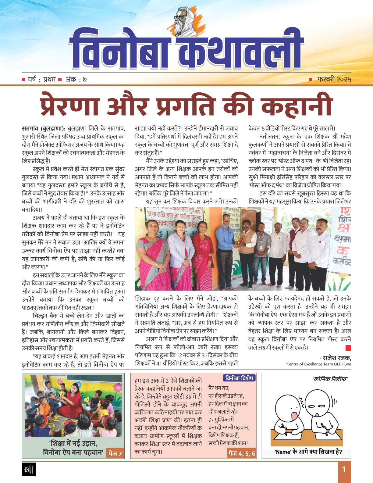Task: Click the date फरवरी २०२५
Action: [x=334, y=80]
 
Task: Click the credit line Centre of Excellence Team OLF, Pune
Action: [x=318, y=364]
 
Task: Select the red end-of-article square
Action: [x=348, y=348]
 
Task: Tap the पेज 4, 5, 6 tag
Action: [x=242, y=453]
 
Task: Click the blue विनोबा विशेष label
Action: [x=239, y=378]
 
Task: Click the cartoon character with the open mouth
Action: [x=291, y=412]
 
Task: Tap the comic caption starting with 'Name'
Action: [x=308, y=452]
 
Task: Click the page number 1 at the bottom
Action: [x=344, y=469]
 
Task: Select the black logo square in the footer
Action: [x=29, y=469]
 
